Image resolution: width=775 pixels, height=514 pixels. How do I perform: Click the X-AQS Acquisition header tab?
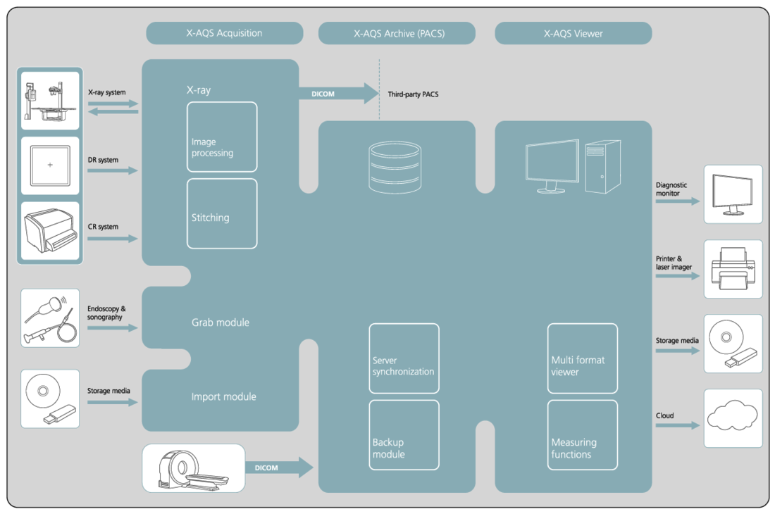[x=224, y=33]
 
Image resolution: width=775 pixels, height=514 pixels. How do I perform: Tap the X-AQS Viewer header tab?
[x=573, y=33]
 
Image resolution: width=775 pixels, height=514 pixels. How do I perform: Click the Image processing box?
[x=222, y=137]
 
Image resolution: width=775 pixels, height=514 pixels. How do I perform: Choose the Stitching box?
[x=222, y=213]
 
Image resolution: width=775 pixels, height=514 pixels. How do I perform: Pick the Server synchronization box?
[x=404, y=358]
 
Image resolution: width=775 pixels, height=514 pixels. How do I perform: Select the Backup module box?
[x=404, y=435]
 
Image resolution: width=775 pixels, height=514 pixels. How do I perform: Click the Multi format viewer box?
[x=583, y=358]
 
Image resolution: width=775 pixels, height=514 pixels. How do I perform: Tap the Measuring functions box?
[x=583, y=435]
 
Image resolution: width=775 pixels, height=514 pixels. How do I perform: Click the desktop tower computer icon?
[x=603, y=166]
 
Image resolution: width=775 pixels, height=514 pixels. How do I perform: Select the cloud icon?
[x=733, y=418]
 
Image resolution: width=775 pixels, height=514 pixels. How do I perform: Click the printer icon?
[x=733, y=268]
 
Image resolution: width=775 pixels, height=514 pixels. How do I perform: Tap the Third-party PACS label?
[x=413, y=94]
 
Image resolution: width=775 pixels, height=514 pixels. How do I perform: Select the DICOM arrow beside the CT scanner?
[x=279, y=468]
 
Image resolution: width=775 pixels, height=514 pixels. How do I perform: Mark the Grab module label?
[x=221, y=322]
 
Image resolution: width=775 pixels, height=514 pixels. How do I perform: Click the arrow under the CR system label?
[x=113, y=239]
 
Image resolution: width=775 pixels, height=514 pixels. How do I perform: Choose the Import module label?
[x=223, y=396]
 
